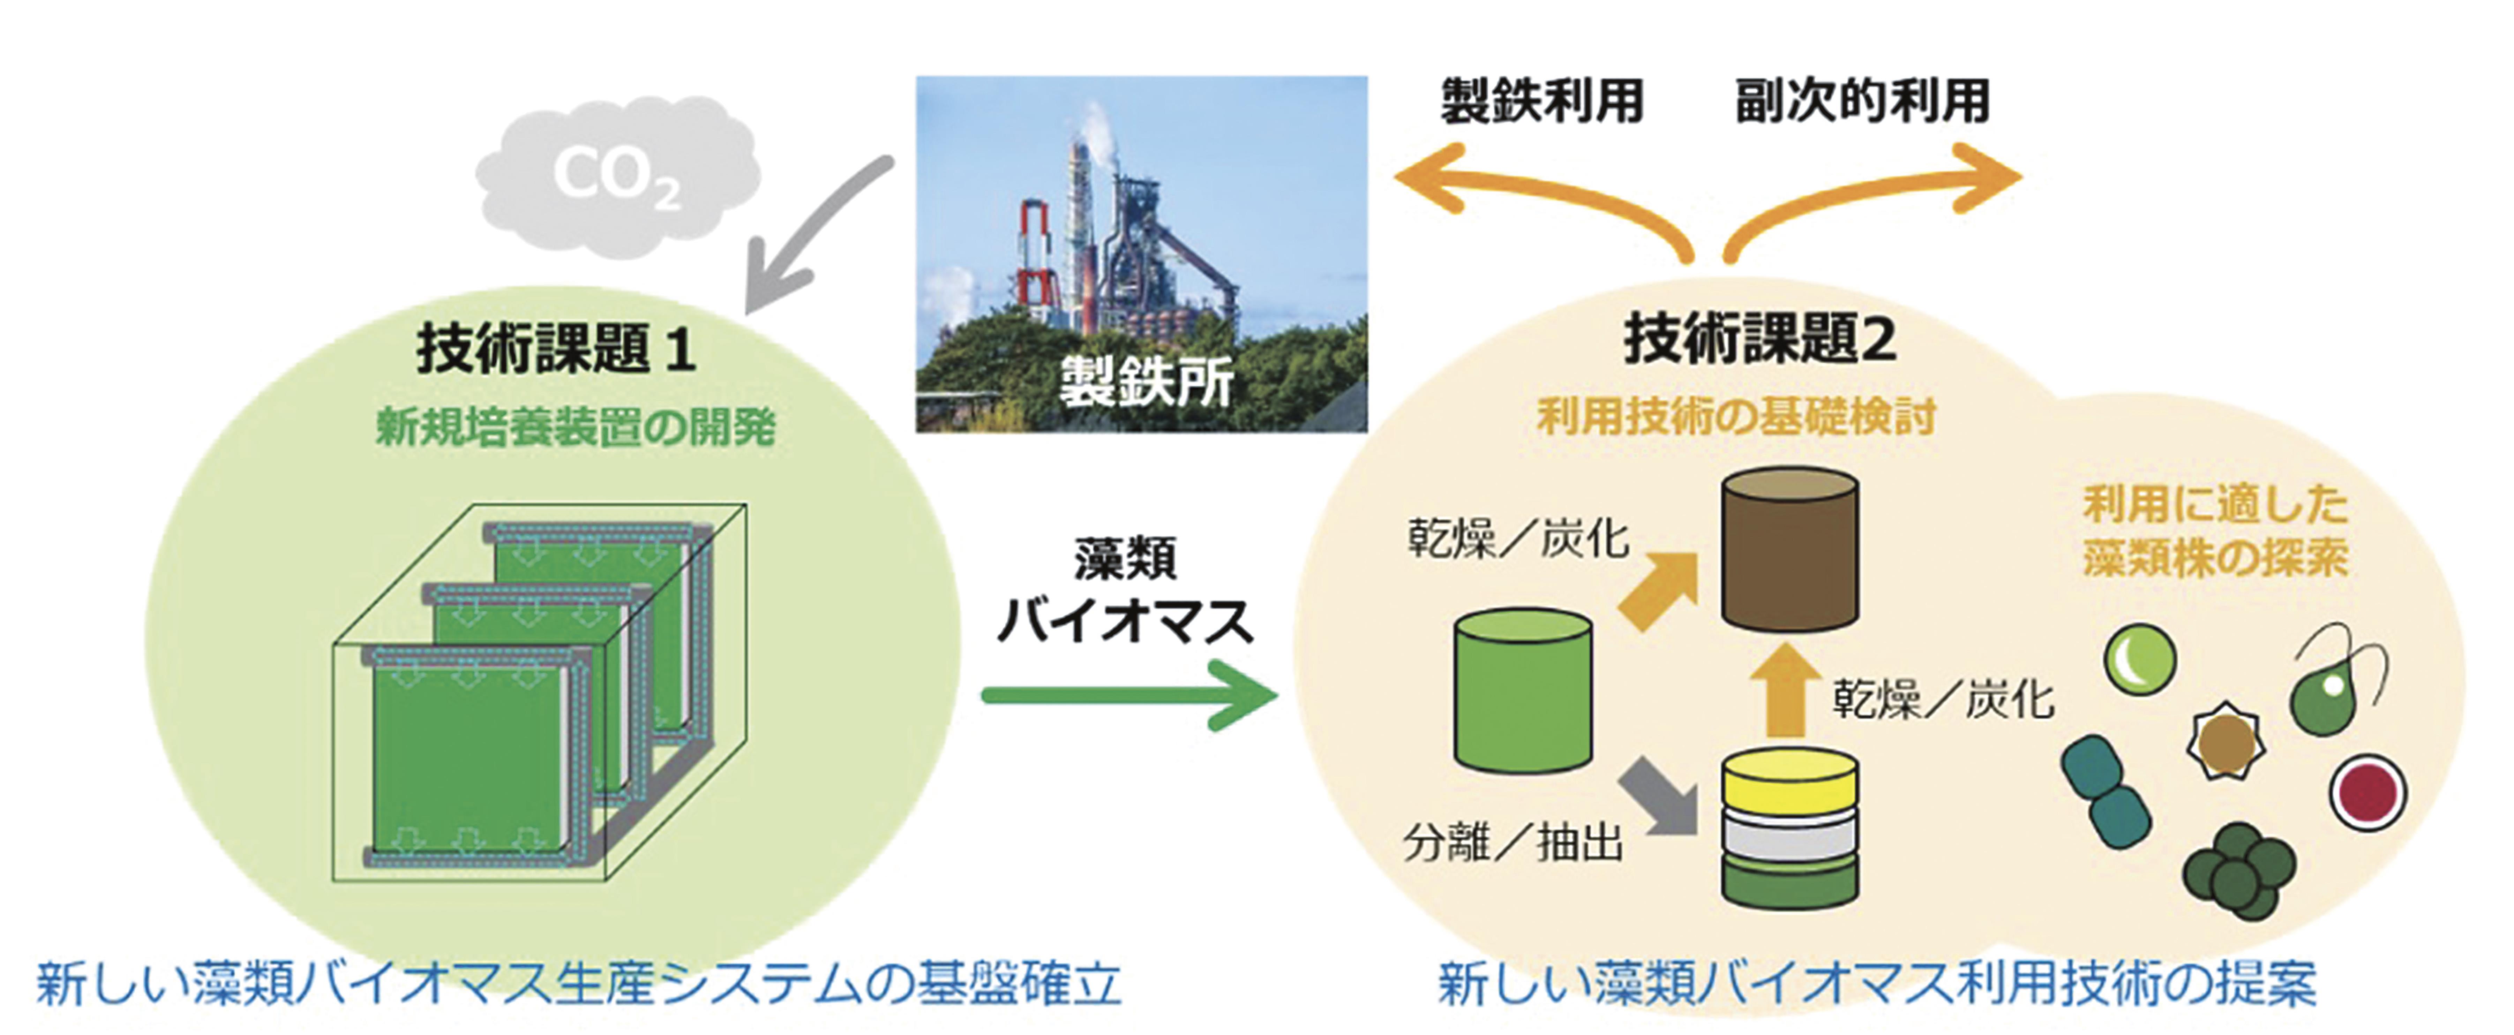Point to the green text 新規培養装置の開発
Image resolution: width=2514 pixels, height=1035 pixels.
[x=576, y=427]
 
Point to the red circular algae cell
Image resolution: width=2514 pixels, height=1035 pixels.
[x=2367, y=792]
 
